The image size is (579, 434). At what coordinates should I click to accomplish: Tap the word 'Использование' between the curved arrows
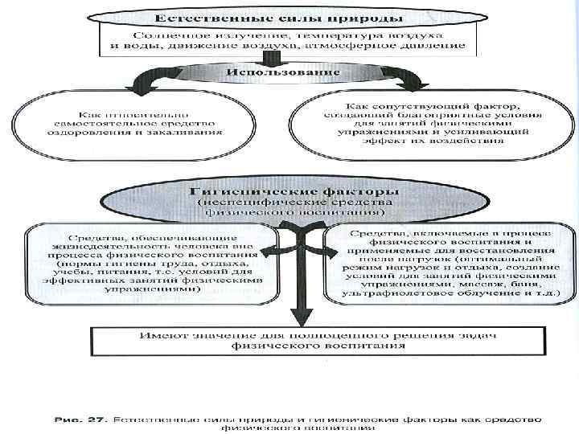[283, 73]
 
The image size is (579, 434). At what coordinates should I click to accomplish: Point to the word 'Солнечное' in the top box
[165, 37]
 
